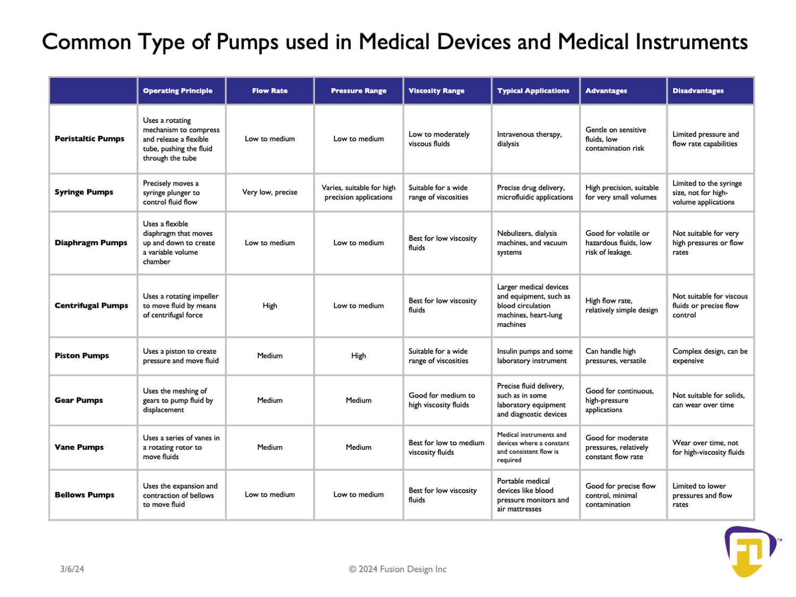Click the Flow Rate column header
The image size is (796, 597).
point(270,91)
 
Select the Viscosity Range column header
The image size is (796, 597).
point(436,91)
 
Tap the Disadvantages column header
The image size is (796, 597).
point(698,91)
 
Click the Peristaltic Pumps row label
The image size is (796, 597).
point(89,139)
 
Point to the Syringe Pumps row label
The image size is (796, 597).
point(84,192)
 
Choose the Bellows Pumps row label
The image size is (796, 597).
point(84,495)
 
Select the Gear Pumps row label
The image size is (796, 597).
point(79,400)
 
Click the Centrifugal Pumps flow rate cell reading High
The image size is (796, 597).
point(270,306)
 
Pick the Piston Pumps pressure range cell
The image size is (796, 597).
point(358,356)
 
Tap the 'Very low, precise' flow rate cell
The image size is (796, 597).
point(270,192)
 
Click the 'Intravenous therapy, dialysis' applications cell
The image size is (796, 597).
point(529,139)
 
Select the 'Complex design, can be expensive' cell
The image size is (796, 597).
point(710,356)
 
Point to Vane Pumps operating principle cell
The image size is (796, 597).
point(181,447)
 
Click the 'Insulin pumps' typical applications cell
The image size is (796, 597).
point(534,356)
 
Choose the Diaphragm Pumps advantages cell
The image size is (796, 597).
point(618,243)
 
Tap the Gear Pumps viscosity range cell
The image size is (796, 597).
point(442,400)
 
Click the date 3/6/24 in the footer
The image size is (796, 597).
point(72,569)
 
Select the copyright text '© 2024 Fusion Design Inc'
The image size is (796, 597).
point(397,569)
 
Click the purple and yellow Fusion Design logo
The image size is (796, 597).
point(750,551)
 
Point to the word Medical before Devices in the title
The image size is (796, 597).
point(394,42)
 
